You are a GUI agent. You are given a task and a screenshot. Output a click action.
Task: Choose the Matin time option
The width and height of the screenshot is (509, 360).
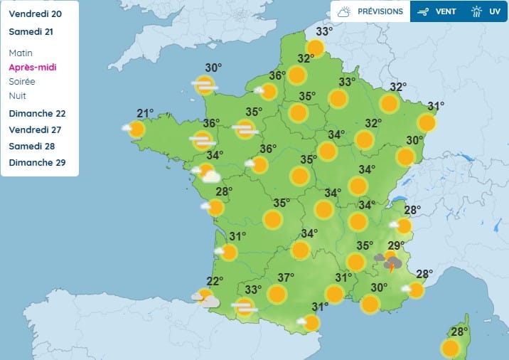pyautogui.click(x=21, y=53)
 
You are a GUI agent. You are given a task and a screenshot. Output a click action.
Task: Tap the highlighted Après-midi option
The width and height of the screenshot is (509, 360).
pyautogui.click(x=33, y=68)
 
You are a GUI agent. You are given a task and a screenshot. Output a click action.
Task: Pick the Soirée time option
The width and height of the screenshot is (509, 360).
pyautogui.click(x=22, y=82)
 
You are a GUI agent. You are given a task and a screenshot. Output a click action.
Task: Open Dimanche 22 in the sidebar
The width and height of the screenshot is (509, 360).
pyautogui.click(x=37, y=114)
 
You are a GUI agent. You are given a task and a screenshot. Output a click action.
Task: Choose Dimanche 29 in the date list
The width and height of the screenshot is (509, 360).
pyautogui.click(x=37, y=163)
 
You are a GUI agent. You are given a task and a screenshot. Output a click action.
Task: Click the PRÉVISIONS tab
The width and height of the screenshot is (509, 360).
pyautogui.click(x=370, y=11)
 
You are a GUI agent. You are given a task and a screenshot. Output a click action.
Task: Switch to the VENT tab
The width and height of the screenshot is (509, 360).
pyautogui.click(x=436, y=11)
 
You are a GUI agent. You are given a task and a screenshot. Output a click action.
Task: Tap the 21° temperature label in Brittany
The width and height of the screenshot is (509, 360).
pyautogui.click(x=145, y=113)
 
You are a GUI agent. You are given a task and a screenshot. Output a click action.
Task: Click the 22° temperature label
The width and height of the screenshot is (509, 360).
pyautogui.click(x=215, y=280)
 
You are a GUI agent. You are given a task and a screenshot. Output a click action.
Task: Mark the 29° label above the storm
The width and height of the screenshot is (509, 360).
pyautogui.click(x=396, y=245)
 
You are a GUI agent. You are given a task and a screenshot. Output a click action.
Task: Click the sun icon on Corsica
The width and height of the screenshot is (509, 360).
pyautogui.click(x=449, y=348)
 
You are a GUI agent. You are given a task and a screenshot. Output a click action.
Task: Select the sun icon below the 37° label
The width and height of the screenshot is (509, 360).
pyautogui.click(x=277, y=294)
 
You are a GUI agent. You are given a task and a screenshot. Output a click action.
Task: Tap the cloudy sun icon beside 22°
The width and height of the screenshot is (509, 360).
pyautogui.click(x=205, y=298)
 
